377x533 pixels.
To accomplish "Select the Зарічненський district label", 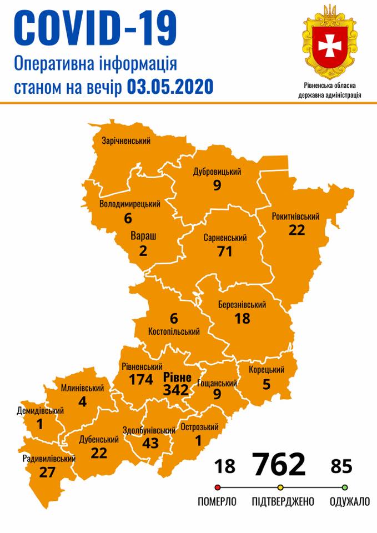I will click(x=126, y=141).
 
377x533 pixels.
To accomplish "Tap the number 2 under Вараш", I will click(x=143, y=250).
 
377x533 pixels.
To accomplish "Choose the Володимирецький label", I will click(x=130, y=204).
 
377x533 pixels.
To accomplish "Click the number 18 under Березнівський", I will click(x=242, y=318).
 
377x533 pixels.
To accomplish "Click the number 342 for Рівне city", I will click(x=177, y=390).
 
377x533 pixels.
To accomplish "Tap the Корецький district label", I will click(x=267, y=370).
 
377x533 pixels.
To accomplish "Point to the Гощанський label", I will click(x=218, y=383).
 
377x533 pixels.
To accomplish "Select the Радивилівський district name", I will click(x=49, y=459).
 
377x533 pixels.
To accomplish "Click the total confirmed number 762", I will click(x=279, y=465).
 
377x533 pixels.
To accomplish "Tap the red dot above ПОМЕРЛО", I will click(x=217, y=488).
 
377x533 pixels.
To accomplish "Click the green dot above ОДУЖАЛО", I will click(x=345, y=488).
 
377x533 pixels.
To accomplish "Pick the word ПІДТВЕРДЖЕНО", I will click(x=283, y=502).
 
